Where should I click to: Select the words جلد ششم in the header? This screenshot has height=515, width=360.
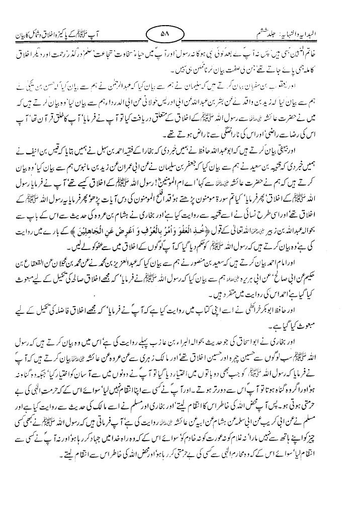coord(269,35)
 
